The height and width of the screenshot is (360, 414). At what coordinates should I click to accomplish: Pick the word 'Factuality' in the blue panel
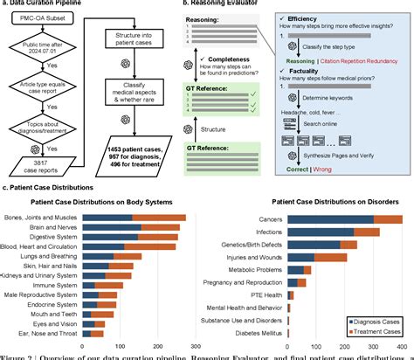[x=328, y=79]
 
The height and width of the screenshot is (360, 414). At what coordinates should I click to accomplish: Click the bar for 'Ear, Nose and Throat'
[x=98, y=332]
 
